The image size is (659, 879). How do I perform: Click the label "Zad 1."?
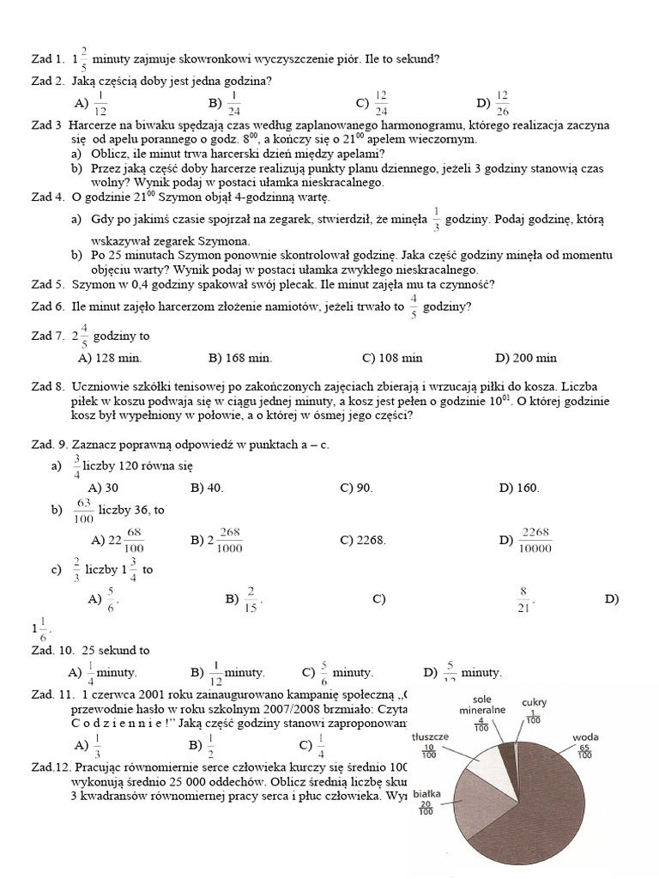click(46, 60)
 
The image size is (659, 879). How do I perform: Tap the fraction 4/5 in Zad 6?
click(414, 306)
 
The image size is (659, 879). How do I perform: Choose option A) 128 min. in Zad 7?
click(110, 358)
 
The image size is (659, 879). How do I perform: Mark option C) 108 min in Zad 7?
click(392, 358)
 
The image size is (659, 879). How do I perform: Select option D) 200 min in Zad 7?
click(526, 358)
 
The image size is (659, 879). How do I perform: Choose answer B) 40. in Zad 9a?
click(207, 488)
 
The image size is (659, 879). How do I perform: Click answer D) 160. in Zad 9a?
click(519, 488)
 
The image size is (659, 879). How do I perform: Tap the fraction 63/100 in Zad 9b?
click(84, 511)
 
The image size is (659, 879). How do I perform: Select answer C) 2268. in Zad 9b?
click(363, 540)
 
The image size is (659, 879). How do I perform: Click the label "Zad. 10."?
click(51, 651)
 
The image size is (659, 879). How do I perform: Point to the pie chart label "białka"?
click(426, 794)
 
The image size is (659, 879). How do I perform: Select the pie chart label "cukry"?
click(534, 703)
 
